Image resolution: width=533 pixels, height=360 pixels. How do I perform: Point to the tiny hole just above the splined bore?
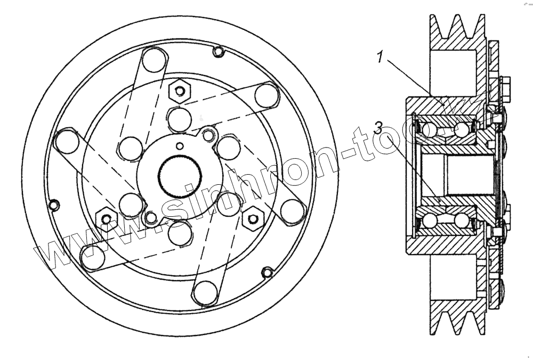[180, 146]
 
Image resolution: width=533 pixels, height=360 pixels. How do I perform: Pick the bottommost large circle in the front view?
[205, 292]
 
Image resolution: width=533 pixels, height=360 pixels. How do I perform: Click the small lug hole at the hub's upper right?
[209, 134]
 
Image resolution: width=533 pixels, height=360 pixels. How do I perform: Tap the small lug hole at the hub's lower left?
[151, 217]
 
